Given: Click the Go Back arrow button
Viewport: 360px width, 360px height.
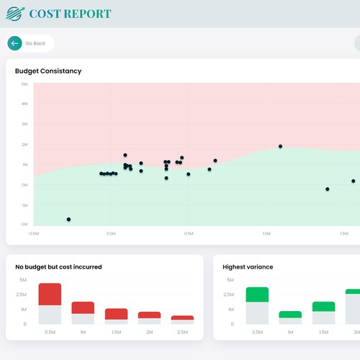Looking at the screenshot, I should [x=14, y=43].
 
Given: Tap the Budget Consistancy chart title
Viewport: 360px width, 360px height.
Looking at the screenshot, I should [x=48, y=71].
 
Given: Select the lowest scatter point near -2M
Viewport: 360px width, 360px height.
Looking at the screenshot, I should [x=69, y=219].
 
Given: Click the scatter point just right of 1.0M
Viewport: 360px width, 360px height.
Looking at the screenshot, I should [x=281, y=146].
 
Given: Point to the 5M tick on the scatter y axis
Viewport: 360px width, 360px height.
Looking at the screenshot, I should [x=24, y=84].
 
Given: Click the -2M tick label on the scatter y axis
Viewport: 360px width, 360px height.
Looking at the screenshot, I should [x=24, y=225].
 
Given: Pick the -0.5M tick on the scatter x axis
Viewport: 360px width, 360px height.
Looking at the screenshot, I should [x=33, y=234].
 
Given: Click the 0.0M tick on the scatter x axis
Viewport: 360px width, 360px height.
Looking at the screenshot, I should [x=111, y=234].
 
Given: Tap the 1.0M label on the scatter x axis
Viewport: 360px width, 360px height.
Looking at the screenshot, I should [x=266, y=234].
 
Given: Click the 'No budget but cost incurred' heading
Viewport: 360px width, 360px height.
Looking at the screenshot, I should [x=58, y=267].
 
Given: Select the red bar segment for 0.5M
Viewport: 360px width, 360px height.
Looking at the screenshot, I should [x=50, y=294].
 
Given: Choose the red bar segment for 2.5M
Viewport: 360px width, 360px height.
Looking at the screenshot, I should [x=182, y=318].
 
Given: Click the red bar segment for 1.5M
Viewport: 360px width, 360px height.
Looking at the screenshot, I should [x=116, y=314].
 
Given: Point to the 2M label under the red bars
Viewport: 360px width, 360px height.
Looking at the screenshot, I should [x=149, y=332].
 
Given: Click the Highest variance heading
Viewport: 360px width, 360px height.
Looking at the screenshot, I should [x=248, y=267].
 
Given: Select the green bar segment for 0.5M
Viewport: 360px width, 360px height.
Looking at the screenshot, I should [x=257, y=294].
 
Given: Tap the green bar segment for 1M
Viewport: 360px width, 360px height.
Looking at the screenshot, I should [x=290, y=315].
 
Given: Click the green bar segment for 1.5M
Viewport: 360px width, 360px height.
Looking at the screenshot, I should [x=323, y=307].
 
